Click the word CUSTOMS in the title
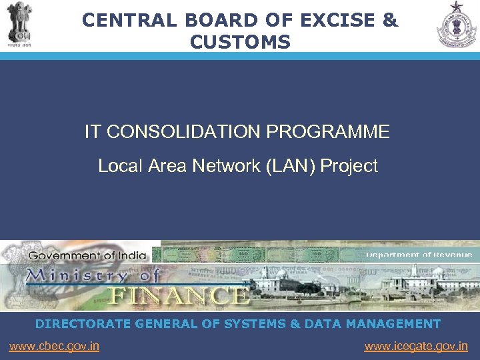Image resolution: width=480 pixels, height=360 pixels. pos(240,43)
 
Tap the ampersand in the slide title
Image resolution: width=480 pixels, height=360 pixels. pos(390,21)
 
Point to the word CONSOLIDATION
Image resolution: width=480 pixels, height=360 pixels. pos(184,132)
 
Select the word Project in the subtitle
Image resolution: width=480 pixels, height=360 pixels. pos(349,166)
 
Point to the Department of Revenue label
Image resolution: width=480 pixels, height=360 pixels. pos(419,255)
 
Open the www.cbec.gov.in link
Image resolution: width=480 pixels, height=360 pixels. pos(54,346)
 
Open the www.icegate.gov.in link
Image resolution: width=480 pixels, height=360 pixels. pos(416,346)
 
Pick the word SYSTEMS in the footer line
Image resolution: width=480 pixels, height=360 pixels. pos(261,324)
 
